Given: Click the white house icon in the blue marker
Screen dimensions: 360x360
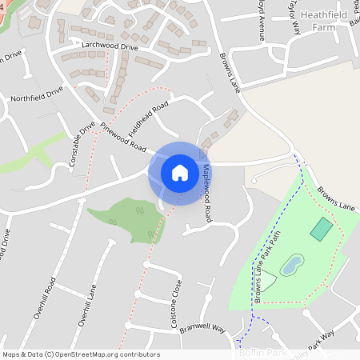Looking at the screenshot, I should [180, 173].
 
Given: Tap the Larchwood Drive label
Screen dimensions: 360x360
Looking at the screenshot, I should [110, 47].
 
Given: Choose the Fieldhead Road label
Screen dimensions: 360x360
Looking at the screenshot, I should [148, 118].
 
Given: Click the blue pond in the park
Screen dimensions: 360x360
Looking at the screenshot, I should [292, 264].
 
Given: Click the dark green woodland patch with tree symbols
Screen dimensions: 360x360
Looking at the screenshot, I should [128, 217].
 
